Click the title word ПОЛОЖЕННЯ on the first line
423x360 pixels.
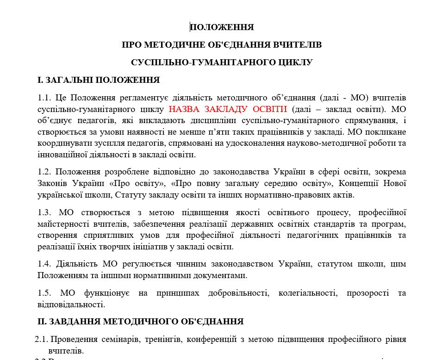pos(222,27)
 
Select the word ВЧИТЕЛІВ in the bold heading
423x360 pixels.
pos(297,45)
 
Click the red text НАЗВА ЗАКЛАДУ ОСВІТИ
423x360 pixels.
pos(228,110)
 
